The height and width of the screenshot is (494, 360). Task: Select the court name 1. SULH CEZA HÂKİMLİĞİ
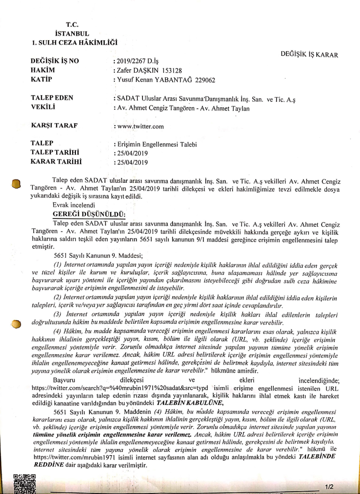click(74, 43)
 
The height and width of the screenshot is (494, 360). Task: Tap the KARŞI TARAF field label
click(54, 126)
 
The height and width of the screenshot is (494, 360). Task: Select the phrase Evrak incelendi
click(73, 205)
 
